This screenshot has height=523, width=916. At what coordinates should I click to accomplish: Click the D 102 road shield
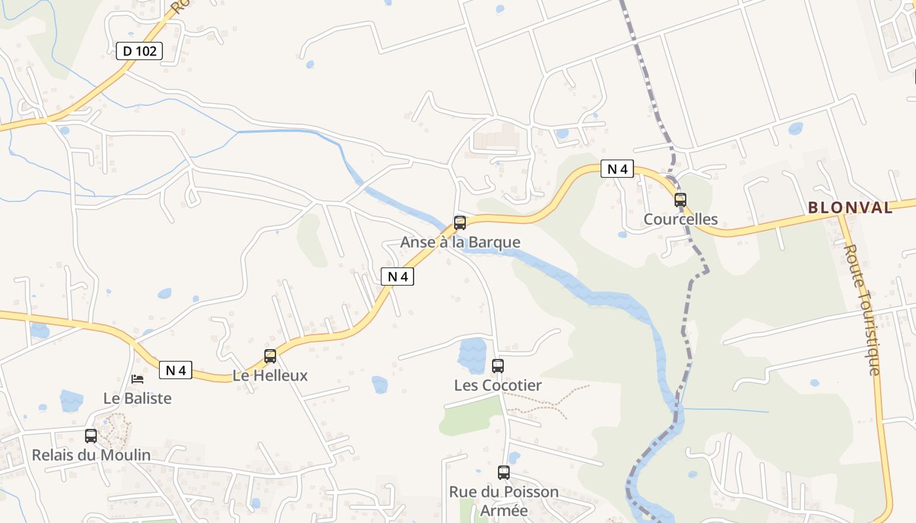(139, 51)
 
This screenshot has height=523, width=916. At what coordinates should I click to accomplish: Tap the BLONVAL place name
(850, 208)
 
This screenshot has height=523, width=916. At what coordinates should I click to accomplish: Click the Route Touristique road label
(864, 310)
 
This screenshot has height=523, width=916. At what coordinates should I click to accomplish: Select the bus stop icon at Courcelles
(680, 200)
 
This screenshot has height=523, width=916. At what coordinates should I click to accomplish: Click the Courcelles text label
(680, 220)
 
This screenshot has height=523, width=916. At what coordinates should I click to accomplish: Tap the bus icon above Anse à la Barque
(460, 223)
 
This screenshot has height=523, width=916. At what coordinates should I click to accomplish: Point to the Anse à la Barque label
(460, 243)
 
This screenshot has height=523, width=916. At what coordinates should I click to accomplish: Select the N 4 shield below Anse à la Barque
(397, 277)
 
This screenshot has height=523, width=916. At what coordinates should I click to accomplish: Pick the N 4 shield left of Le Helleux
(175, 371)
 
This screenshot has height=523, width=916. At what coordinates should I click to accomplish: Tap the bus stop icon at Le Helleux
(270, 356)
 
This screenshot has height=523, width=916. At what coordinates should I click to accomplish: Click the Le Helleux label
(270, 376)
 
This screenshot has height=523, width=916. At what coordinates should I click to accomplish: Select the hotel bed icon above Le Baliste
(137, 379)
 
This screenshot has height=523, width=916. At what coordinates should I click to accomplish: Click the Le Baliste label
(137, 398)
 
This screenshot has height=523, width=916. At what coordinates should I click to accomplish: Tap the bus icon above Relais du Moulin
(91, 435)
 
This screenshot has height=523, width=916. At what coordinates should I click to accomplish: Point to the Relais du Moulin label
(91, 455)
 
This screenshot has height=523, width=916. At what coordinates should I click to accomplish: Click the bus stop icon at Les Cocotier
(498, 366)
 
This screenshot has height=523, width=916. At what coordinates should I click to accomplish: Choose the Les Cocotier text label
(498, 386)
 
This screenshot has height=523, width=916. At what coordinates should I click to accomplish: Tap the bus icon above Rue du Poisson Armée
(503, 473)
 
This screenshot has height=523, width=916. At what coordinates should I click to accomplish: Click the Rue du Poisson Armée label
(503, 501)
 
